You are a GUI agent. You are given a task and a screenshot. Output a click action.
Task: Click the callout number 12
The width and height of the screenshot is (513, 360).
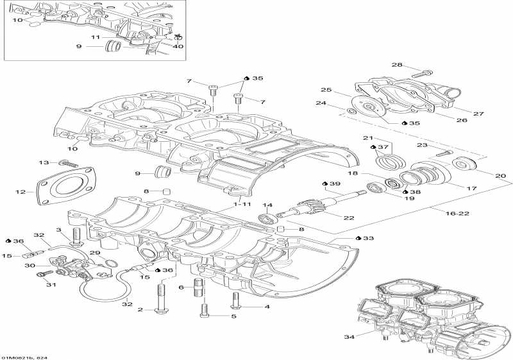coord(21,191)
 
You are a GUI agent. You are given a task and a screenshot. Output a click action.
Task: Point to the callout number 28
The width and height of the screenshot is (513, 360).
coord(396,65)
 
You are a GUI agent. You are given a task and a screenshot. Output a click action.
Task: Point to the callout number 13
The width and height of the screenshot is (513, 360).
coord(44,162)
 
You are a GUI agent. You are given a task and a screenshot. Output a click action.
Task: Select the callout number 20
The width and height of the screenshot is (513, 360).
coord(501,175)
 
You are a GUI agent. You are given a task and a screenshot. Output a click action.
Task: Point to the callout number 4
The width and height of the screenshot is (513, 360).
coord(267,307)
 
